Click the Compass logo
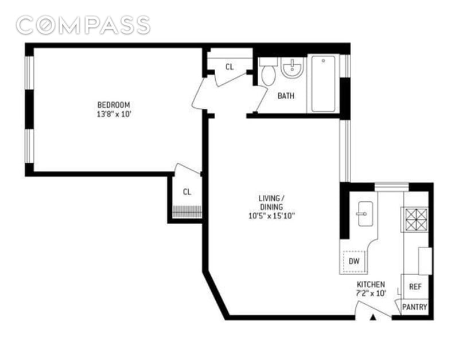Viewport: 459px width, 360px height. pyautogui.click(x=83, y=25)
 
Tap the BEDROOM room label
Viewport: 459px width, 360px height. pyautogui.click(x=114, y=105)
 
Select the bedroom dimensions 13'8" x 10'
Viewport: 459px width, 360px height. pyautogui.click(x=114, y=114)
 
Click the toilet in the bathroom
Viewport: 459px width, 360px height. pyautogui.click(x=268, y=72)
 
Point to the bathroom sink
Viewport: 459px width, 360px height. pyautogui.click(x=291, y=68)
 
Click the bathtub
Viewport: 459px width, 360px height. pyautogui.click(x=323, y=84)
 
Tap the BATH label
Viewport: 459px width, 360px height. pyautogui.click(x=286, y=96)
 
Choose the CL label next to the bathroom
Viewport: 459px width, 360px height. pyautogui.click(x=230, y=67)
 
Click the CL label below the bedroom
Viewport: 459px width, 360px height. pyautogui.click(x=187, y=192)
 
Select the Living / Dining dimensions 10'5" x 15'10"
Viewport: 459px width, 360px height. pyautogui.click(x=271, y=216)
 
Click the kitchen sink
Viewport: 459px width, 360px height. pyautogui.click(x=365, y=214)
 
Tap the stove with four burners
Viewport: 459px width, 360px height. pyautogui.click(x=415, y=220)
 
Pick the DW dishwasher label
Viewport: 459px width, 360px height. pyautogui.click(x=354, y=261)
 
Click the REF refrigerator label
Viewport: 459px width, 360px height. pyautogui.click(x=415, y=287)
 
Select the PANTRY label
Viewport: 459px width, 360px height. pyautogui.click(x=414, y=307)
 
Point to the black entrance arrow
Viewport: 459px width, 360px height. pyautogui.click(x=372, y=318)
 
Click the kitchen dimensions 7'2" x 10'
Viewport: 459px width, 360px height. pyautogui.click(x=371, y=294)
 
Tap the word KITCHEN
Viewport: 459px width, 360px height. pyautogui.click(x=371, y=284)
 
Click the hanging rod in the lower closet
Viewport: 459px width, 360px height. pyautogui.click(x=187, y=212)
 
